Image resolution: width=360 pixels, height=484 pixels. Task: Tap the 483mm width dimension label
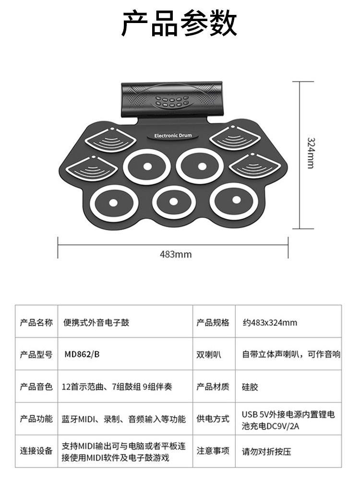click(176, 254)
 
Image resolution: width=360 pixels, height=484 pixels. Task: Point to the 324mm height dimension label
click(311, 153)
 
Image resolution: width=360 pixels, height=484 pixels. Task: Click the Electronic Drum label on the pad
click(173, 136)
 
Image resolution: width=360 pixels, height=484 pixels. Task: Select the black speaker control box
click(173, 99)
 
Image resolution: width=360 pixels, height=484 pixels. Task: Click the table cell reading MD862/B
click(83, 354)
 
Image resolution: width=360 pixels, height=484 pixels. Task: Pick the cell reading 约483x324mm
click(270, 322)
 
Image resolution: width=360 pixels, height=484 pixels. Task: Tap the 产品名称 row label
click(36, 322)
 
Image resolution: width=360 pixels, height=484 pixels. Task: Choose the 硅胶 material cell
click(250, 387)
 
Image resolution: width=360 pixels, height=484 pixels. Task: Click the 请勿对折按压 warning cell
click(267, 451)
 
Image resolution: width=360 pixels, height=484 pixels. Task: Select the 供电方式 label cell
click(213, 419)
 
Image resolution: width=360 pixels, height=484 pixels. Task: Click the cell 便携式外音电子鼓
click(96, 322)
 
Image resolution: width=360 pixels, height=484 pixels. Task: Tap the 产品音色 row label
click(36, 387)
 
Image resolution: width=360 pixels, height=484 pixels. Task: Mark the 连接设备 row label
click(36, 451)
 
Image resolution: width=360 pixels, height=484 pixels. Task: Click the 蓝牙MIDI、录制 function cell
click(124, 419)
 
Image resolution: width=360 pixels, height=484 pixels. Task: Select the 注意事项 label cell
click(213, 451)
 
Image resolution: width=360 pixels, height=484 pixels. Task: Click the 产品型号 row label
click(36, 354)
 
